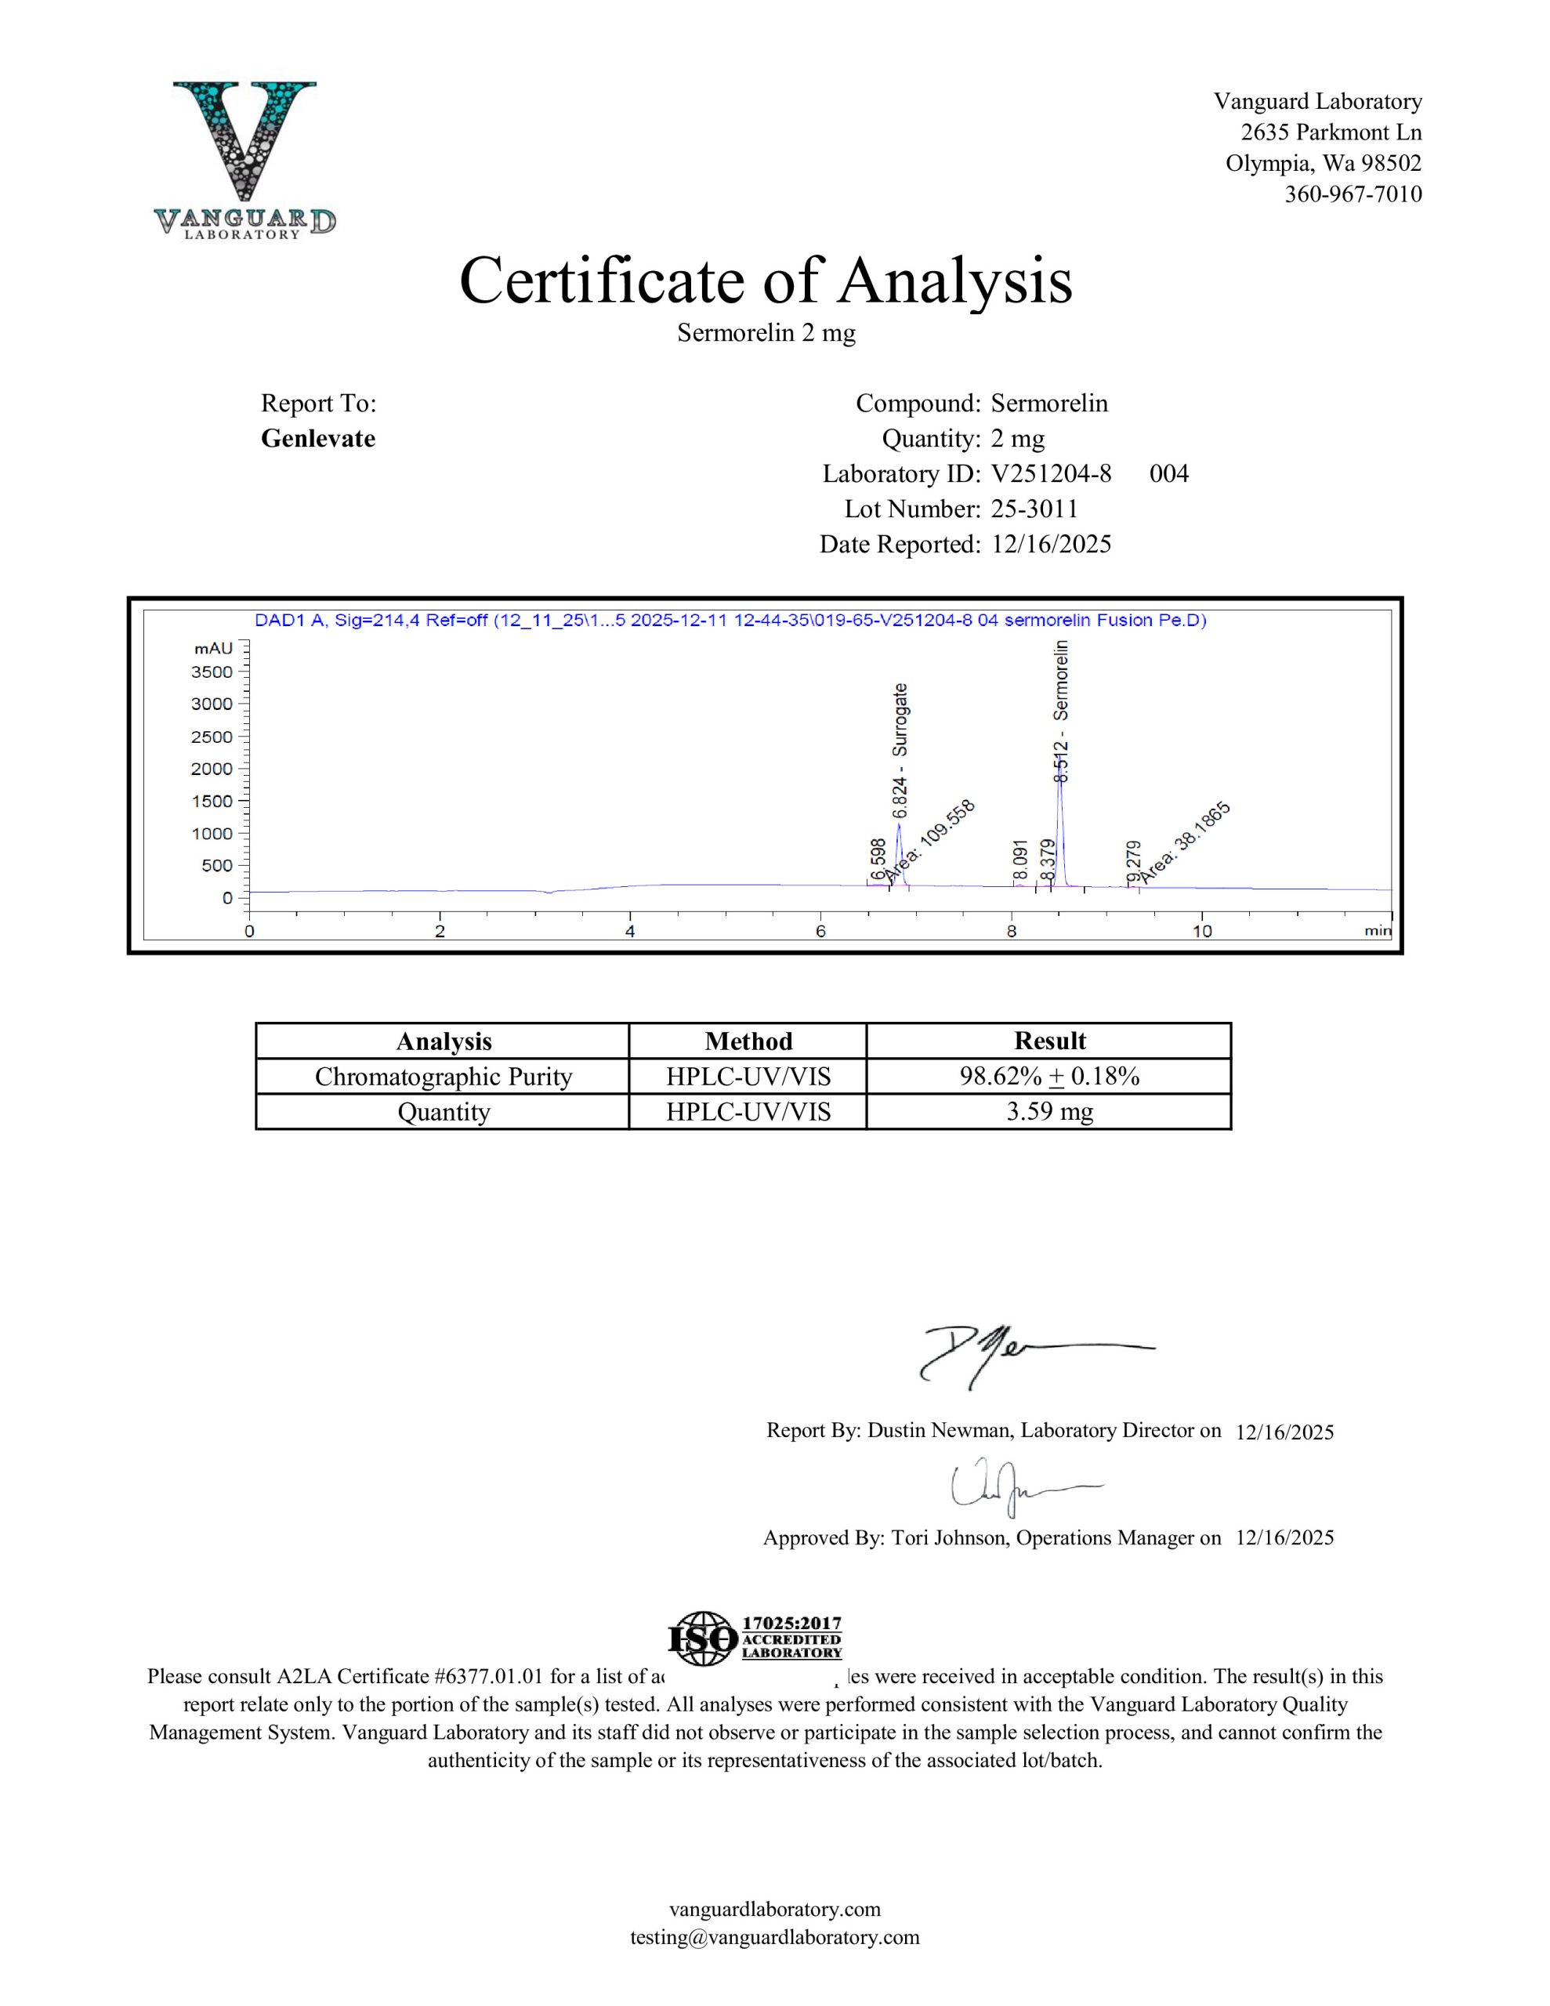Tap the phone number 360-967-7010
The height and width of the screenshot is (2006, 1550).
[x=1353, y=194]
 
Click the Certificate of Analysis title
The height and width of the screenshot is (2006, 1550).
[x=766, y=281]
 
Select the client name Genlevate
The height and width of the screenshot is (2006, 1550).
[x=318, y=438]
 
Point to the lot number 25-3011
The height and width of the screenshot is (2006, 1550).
[x=1034, y=509]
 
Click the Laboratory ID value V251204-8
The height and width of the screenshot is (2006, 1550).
[x=1050, y=474]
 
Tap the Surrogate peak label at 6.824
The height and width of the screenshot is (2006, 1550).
[x=900, y=749]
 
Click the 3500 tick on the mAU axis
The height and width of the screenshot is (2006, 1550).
[x=212, y=672]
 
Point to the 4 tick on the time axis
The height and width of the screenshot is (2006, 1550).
[x=630, y=930]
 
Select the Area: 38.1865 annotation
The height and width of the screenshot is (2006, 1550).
[x=1186, y=842]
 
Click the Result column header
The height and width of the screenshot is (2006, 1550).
[x=1049, y=1041]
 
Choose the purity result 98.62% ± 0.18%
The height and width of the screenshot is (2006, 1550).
[x=1049, y=1077]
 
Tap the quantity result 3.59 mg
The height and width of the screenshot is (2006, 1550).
[x=1049, y=1112]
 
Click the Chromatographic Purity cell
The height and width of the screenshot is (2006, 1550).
[x=443, y=1077]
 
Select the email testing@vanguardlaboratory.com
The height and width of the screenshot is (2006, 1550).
[x=774, y=1937]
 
